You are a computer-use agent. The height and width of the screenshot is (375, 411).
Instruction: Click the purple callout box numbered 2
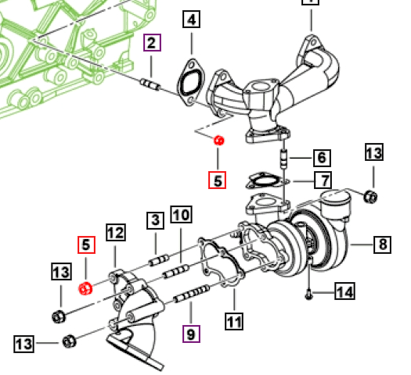152,43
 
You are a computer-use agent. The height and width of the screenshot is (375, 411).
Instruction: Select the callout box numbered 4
191,20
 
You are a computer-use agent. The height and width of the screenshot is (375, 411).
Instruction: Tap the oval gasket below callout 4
191,83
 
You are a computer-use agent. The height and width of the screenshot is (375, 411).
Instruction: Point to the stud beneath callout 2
150,84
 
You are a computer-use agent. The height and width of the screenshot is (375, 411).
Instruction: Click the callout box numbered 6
322,158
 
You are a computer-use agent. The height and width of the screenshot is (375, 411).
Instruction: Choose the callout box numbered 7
323,180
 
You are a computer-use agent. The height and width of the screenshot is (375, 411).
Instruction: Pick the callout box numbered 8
383,245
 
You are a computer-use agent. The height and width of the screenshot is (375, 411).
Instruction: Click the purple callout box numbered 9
191,334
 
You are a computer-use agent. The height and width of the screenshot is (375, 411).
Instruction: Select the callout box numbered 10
181,214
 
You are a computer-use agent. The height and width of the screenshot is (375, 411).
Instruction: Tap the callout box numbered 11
234,321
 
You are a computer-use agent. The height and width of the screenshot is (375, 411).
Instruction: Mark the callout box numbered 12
116,232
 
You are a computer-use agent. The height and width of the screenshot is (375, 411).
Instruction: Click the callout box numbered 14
345,291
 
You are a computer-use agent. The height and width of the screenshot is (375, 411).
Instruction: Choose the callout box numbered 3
156,220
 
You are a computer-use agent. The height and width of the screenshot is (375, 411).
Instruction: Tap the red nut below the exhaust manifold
219,141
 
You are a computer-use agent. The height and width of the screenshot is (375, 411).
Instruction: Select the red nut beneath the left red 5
85,289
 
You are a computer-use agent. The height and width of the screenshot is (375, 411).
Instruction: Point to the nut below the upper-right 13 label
370,196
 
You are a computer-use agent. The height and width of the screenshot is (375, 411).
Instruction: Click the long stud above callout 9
192,295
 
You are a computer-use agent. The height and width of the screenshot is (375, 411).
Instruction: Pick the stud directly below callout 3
159,260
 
